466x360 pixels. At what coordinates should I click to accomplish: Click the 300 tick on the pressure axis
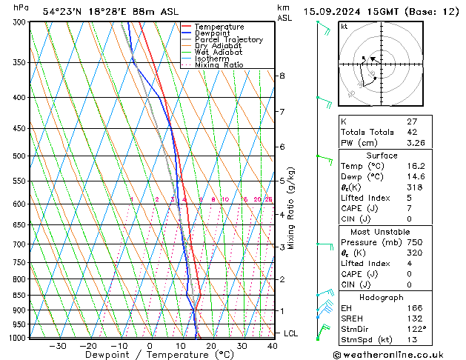(x=19, y=22)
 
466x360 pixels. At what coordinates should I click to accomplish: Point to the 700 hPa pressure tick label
(x=19, y=244)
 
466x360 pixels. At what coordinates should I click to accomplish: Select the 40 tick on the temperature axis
(x=273, y=346)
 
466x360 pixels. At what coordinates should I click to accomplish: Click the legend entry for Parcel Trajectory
(x=228, y=40)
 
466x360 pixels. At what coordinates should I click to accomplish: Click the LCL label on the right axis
(x=291, y=334)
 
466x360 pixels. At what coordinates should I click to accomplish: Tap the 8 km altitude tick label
(x=282, y=76)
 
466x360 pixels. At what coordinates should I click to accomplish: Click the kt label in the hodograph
(x=344, y=27)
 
